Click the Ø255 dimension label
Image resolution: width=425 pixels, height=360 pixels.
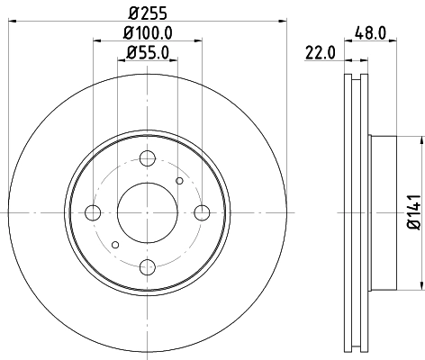pyautogui.click(x=147, y=13)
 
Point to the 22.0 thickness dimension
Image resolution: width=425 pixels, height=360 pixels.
pyautogui.click(x=320, y=53)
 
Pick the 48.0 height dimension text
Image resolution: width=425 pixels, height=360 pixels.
pyautogui.click(x=370, y=33)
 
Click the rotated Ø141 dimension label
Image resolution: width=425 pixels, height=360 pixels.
pyautogui.click(x=413, y=212)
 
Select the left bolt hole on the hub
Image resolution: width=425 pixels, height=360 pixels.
pyautogui.click(x=93, y=212)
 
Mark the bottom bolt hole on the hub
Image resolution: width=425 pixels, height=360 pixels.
pyautogui.click(x=147, y=266)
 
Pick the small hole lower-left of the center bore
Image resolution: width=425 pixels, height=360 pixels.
pyautogui.click(x=114, y=244)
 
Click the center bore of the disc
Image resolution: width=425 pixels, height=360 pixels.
pyautogui.click(x=147, y=212)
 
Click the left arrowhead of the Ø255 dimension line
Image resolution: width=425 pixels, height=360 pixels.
pyautogui.click(x=12, y=22)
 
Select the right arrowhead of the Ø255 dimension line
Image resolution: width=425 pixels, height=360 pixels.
pyautogui.click(x=282, y=22)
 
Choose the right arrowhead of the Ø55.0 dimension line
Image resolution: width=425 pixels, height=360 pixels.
pyautogui.click(x=173, y=62)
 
